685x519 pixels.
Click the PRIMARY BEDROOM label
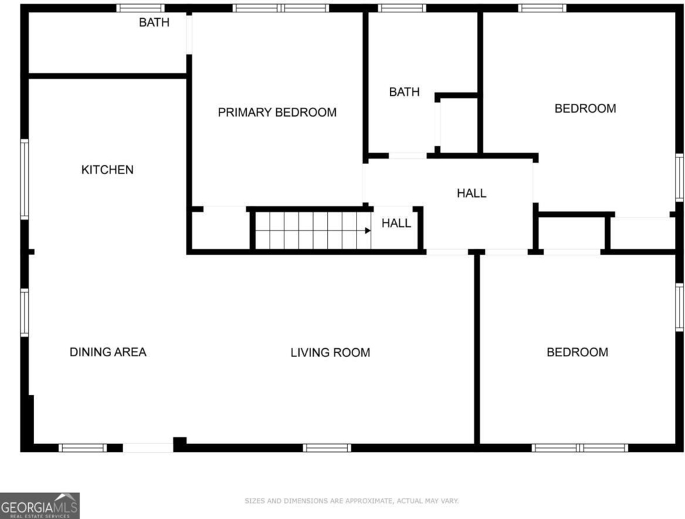click(x=277, y=113)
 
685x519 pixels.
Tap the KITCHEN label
click(x=108, y=169)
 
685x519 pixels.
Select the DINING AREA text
click(x=108, y=352)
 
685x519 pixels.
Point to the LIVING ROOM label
click(x=330, y=352)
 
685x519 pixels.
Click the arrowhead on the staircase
click(x=368, y=230)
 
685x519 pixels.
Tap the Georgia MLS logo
click(x=39, y=506)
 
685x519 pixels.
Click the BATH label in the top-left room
click(x=155, y=22)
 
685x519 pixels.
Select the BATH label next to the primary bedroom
click(x=404, y=92)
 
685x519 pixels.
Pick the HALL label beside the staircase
click(x=396, y=223)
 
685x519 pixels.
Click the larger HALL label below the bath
click(x=472, y=193)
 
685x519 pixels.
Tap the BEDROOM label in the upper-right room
click(x=585, y=108)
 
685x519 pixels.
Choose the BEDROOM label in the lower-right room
click(x=577, y=352)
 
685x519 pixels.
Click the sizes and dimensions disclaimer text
click(x=352, y=501)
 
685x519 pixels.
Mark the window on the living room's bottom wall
click(x=326, y=448)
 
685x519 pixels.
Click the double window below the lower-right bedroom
click(x=580, y=448)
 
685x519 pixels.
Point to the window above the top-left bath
click(x=140, y=8)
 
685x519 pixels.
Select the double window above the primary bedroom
click(x=281, y=8)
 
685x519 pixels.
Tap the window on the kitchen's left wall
click(x=25, y=179)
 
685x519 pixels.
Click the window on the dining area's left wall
click(x=25, y=313)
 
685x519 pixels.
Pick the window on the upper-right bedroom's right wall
click(x=680, y=177)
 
